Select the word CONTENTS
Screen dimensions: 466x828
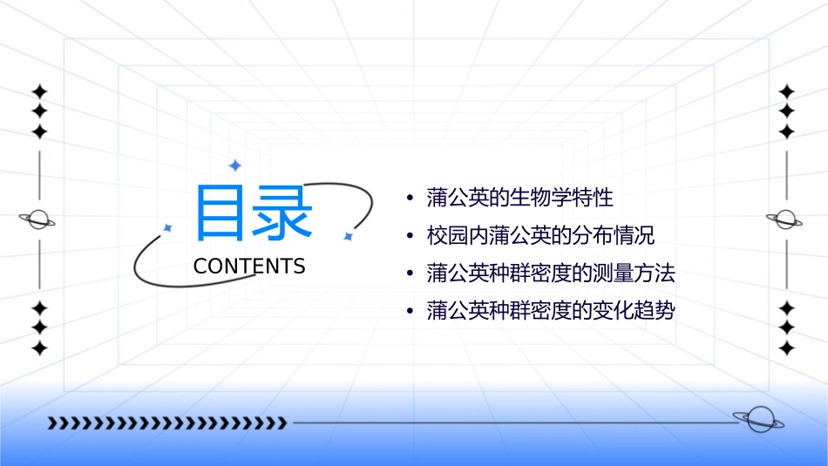[249, 267]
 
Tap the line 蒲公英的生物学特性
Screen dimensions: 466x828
[520, 198]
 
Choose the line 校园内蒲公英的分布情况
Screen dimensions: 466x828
[540, 236]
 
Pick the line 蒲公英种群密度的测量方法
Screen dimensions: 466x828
[551, 274]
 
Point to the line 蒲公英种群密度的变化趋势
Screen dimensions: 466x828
[551, 311]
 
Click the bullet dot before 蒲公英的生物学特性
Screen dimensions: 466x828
[410, 199]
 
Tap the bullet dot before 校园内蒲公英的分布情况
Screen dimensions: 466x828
[410, 237]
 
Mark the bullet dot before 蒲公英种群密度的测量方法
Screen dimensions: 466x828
[410, 274]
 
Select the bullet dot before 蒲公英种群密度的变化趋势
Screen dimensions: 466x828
[410, 312]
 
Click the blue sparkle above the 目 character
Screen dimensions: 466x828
[234, 165]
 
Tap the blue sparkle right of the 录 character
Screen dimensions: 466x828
[347, 236]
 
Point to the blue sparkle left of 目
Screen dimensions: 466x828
[168, 227]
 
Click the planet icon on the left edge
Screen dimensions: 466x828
[38, 219]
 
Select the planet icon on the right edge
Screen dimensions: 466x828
[785, 219]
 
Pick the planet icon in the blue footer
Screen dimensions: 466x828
[757, 420]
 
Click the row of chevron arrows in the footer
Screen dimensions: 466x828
[166, 423]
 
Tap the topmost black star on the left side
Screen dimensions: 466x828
[39, 91]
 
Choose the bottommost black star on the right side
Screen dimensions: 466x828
[786, 348]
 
